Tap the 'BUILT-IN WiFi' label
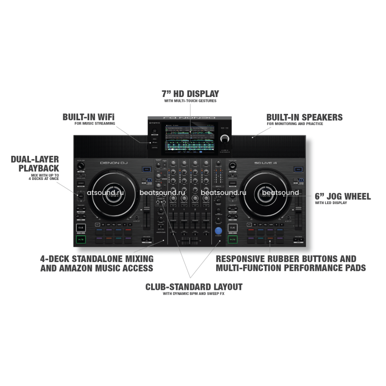pos(88,117)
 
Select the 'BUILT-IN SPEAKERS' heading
pos(304,117)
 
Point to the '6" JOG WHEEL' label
pos(343,196)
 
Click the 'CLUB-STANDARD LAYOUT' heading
pos(194,287)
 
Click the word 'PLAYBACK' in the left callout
pos(39,168)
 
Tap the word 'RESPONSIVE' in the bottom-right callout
pos(243,259)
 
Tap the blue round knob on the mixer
pos(220,231)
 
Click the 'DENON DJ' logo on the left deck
pos(112,163)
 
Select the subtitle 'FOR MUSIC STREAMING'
pos(95,124)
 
